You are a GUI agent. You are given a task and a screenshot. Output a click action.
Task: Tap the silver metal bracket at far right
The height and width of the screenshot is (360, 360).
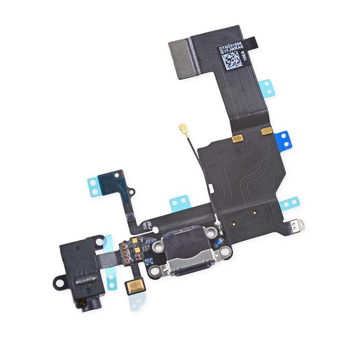click(298, 225)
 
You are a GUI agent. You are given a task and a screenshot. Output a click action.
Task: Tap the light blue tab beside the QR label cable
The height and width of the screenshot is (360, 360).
click(267, 87)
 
